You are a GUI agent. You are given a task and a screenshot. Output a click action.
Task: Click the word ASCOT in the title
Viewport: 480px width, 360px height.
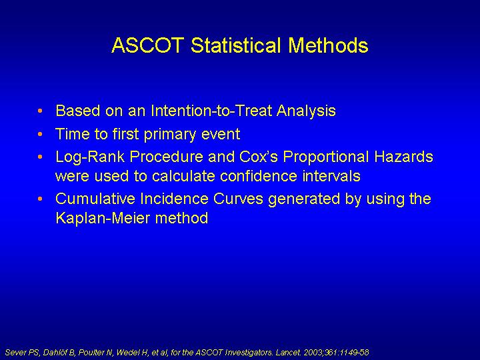click(148, 45)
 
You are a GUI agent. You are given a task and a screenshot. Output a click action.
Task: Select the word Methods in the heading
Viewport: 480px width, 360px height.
click(328, 45)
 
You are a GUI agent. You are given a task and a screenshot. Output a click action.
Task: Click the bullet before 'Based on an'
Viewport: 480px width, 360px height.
click(40, 111)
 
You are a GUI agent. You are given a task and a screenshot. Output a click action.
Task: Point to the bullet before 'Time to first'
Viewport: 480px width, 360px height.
click(40, 134)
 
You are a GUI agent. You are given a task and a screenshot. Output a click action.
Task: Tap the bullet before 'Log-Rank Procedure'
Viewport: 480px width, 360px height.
click(40, 157)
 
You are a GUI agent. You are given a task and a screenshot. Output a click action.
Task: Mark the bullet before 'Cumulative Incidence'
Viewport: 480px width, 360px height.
click(40, 199)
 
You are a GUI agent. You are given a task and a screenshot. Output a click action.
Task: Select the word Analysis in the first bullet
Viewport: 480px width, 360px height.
click(306, 111)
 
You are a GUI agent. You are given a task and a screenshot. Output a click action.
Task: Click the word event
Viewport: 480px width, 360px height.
click(221, 135)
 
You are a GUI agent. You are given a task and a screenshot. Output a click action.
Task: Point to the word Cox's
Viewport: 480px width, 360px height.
click(259, 157)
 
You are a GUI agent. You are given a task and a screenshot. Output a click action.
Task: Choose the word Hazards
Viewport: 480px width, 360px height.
click(404, 157)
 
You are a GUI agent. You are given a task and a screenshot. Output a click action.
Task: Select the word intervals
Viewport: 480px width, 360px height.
click(331, 176)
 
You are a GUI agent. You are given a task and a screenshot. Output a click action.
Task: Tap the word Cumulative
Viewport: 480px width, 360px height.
click(95, 199)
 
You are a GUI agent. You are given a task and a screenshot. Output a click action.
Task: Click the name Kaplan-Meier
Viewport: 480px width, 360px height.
click(103, 218)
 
